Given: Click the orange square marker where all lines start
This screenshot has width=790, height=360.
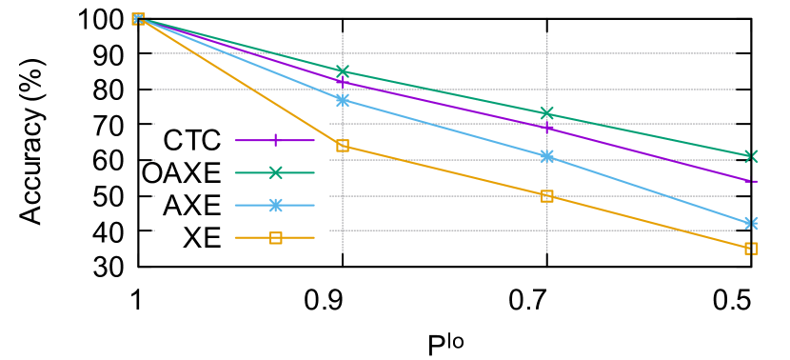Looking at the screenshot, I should pos(138,19).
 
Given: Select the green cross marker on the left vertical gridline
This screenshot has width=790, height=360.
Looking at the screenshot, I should pos(343,71).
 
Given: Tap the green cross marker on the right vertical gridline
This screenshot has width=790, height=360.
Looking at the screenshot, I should pos(547,113).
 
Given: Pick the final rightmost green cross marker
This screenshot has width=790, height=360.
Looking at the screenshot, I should pos(751,156).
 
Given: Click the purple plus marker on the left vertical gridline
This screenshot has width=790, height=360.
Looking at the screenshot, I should pos(343,82).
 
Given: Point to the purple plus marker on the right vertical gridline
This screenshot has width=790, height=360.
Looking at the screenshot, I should pos(547,128).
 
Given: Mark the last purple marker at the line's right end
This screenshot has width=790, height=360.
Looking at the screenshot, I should pos(751,180).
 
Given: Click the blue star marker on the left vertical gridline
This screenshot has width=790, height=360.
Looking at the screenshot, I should pos(343,100).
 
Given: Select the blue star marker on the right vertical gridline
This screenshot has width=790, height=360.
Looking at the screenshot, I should pos(547,156).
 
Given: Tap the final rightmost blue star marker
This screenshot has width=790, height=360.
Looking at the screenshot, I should pos(751,223).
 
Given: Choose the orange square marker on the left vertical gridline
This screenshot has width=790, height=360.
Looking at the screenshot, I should pos(343,146).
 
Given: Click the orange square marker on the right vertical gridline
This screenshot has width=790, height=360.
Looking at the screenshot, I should pos(547,196).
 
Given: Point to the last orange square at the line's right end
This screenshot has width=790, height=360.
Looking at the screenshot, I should pos(751,249).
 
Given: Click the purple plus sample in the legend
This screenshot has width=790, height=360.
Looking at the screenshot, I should pos(275,140).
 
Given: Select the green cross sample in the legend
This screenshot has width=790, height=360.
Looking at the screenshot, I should pos(275,172).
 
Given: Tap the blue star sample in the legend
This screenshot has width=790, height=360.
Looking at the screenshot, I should pos(275,206).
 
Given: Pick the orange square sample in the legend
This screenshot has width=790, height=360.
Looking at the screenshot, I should pos(275,238).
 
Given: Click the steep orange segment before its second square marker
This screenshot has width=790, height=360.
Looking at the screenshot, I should pos(240,83).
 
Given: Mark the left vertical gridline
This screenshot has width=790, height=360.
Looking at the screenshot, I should pos(343,238).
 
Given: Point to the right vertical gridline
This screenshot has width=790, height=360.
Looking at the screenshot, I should pos(547,238).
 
